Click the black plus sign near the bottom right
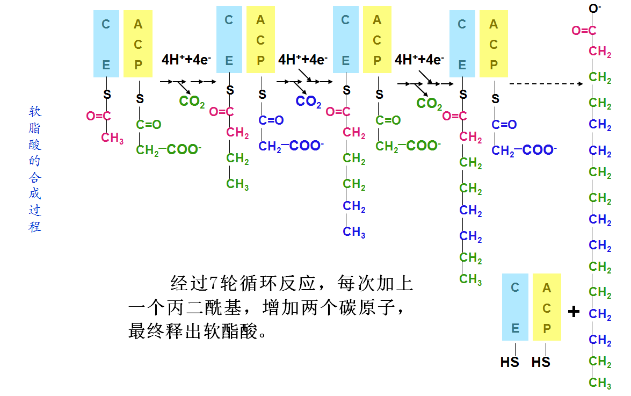(574, 311)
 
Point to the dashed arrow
(546, 84)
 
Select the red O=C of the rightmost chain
(584, 31)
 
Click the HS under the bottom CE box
(510, 362)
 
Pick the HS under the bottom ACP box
(541, 362)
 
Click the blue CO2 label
(308, 101)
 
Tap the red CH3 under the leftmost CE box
(112, 138)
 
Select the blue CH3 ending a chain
(354, 232)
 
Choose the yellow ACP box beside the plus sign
(547, 307)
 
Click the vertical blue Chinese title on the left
(35, 169)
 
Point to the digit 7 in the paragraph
(212, 283)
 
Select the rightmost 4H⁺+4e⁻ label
(419, 59)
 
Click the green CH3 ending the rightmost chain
(600, 383)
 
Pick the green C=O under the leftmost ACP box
(148, 125)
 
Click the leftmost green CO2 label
(192, 101)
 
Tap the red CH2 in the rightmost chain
(600, 52)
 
